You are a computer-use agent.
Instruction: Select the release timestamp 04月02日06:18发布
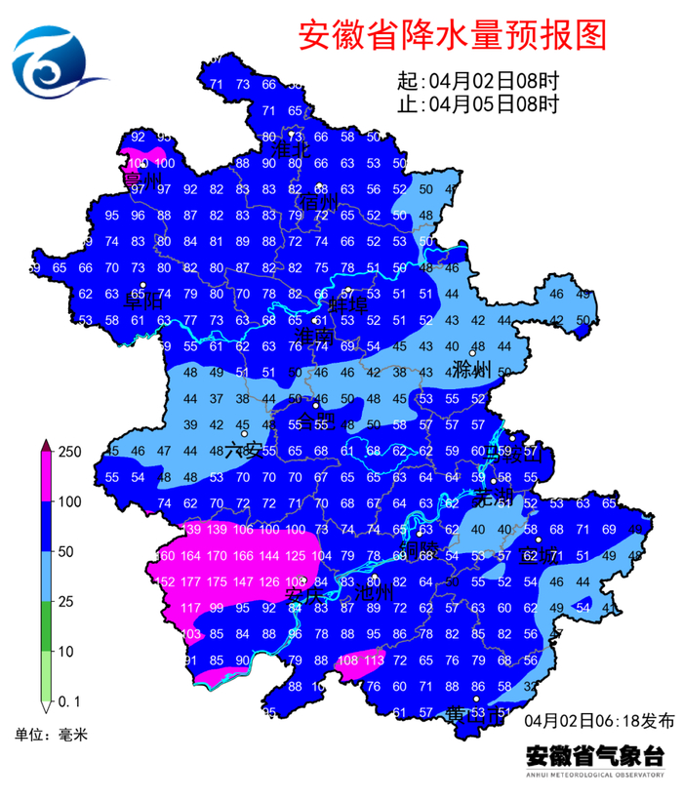(598, 721)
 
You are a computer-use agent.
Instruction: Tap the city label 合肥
(315, 420)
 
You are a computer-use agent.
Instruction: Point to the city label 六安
(243, 450)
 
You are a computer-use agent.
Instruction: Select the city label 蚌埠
(345, 301)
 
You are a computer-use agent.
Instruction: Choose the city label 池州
(374, 591)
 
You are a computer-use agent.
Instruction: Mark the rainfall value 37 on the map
(217, 398)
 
